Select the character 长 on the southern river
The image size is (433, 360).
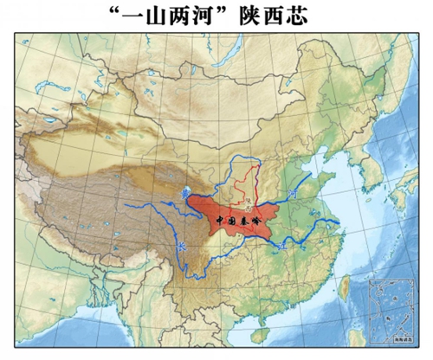180,247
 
